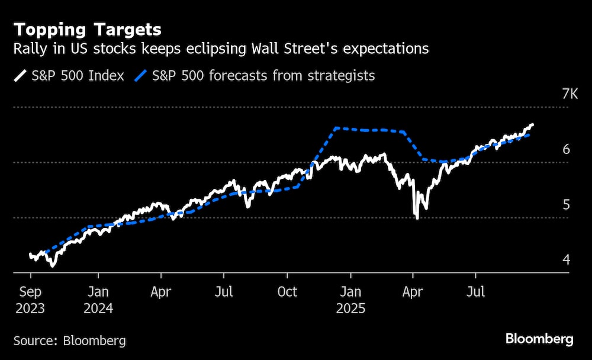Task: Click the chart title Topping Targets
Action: tap(88, 29)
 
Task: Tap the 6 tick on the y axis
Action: tap(566, 149)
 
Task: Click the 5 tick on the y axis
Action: tap(566, 205)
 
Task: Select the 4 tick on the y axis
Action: tap(566, 260)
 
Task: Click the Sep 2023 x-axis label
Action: tap(30, 300)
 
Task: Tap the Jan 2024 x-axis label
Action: tap(98, 300)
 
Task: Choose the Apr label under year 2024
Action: tap(160, 292)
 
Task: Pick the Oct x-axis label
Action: tap(287, 292)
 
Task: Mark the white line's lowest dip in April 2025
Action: tap(417, 218)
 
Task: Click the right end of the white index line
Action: tap(532, 125)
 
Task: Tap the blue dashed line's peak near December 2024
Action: tap(336, 128)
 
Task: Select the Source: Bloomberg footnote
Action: tap(69, 340)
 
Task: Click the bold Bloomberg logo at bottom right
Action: tap(539, 339)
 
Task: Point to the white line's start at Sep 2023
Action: tap(30, 255)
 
